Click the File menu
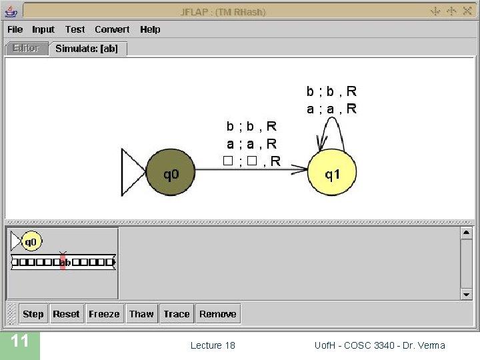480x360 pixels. click(15, 29)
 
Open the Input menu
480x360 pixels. click(43, 29)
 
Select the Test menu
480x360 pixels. click(75, 29)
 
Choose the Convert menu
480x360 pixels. click(112, 29)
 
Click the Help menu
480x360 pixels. click(150, 29)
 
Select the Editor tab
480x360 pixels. click(26, 49)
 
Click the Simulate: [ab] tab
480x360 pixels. click(87, 49)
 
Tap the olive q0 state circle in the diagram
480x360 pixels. click(171, 175)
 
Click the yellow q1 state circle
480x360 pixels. click(332, 175)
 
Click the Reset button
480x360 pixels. click(66, 314)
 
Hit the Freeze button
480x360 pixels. click(104, 314)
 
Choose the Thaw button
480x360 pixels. click(141, 314)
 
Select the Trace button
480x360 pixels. click(177, 314)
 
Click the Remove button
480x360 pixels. click(217, 314)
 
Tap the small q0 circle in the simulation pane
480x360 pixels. click(31, 241)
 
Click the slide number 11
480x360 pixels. click(20, 342)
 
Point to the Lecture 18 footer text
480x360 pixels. click(213, 345)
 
